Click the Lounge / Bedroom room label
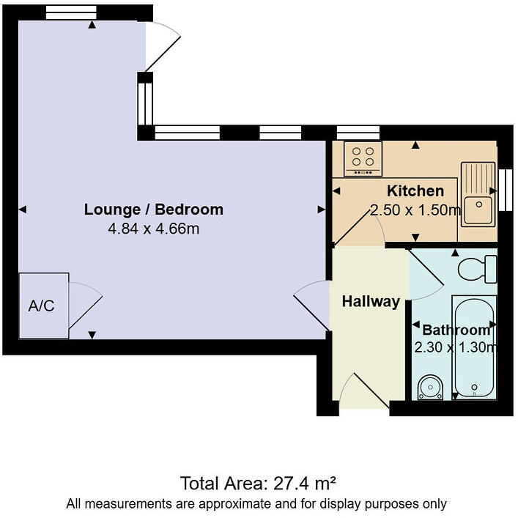[x=153, y=210]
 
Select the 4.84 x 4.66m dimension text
[x=153, y=229]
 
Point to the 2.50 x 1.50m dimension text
[x=415, y=210]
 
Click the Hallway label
[x=371, y=301]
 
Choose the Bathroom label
[x=455, y=330]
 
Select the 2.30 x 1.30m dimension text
[x=455, y=347]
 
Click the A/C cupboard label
[x=41, y=306]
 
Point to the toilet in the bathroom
[x=476, y=269]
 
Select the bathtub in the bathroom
[x=474, y=346]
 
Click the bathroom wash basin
[x=430, y=386]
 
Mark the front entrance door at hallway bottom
[x=365, y=391]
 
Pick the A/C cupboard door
[x=85, y=307]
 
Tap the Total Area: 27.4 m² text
[x=258, y=483]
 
